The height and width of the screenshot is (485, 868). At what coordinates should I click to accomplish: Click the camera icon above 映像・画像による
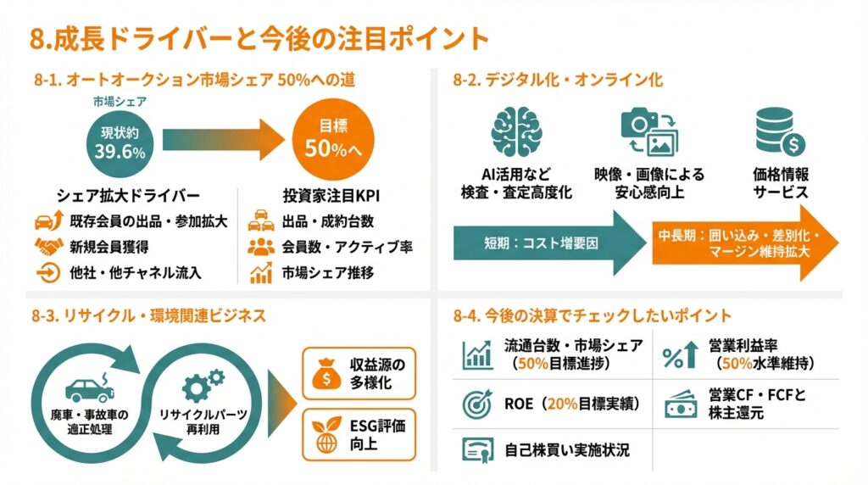[x=648, y=131]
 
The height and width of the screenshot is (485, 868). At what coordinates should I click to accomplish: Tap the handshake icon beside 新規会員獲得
[x=49, y=248]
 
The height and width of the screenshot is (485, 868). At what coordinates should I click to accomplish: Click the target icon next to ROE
[x=477, y=404]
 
